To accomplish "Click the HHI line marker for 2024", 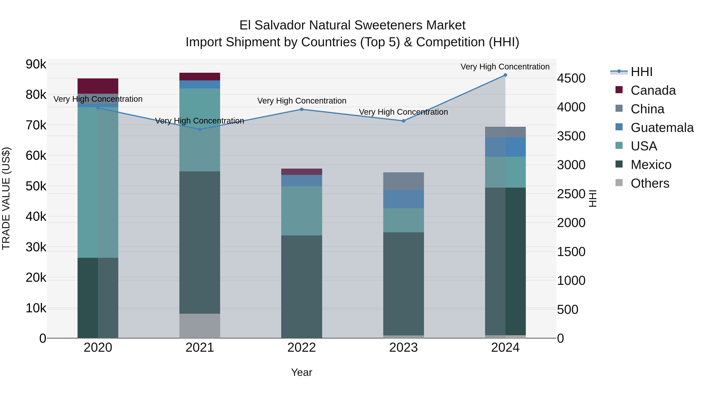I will [505, 75].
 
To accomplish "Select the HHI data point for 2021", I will [200, 129].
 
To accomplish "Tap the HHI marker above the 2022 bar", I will [302, 109].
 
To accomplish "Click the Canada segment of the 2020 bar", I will [98, 86].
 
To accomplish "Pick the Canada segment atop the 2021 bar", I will [200, 76].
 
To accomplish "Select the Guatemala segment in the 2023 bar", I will [403, 199].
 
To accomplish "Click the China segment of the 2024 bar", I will [505, 132].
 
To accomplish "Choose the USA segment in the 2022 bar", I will [302, 211].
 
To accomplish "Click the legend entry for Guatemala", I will [662, 128].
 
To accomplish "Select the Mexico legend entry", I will [651, 165].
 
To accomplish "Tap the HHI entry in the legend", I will [642, 72].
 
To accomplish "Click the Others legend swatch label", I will [650, 183].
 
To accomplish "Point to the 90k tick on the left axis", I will [36, 64].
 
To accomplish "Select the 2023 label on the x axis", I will [403, 348].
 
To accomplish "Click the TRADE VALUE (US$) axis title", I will [6, 198].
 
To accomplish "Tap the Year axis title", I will [302, 372].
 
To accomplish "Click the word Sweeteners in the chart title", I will [383, 25].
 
